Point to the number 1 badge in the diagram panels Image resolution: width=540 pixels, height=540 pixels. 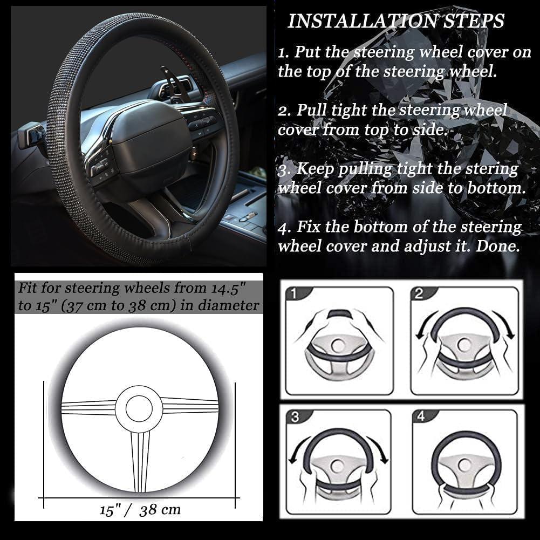coord(293,293)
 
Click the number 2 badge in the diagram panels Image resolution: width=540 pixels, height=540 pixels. coord(419,293)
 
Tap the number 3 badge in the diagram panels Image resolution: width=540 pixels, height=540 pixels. coord(295,416)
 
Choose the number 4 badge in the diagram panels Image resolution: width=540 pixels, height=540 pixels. coord(420,416)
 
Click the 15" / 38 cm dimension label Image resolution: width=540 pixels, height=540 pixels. coord(140,510)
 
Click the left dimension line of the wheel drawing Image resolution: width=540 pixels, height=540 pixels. coord(44,445)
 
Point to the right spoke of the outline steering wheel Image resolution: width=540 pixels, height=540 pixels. coord(190,406)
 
